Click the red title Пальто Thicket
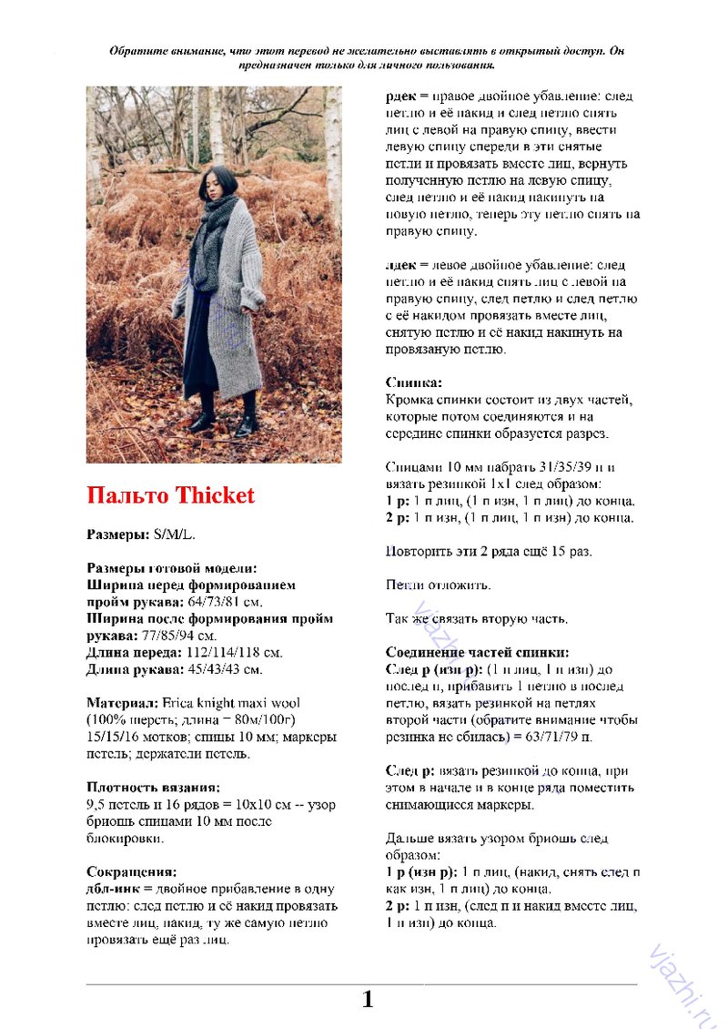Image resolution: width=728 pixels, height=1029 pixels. coord(171,496)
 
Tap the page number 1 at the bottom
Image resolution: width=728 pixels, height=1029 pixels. coord(368,1000)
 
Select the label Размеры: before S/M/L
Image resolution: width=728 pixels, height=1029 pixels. coord(118,535)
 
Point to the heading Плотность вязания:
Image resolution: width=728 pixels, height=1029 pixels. coord(153,787)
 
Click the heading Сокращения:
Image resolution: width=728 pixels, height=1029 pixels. coord(131,871)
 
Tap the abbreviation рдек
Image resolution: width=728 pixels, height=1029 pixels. coord(401,96)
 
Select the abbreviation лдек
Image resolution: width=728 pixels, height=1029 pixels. coord(401,265)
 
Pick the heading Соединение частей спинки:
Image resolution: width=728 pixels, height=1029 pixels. coord(478,652)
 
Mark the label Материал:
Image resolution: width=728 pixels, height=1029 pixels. coord(122,703)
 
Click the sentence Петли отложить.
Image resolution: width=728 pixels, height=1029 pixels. coord(439,585)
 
